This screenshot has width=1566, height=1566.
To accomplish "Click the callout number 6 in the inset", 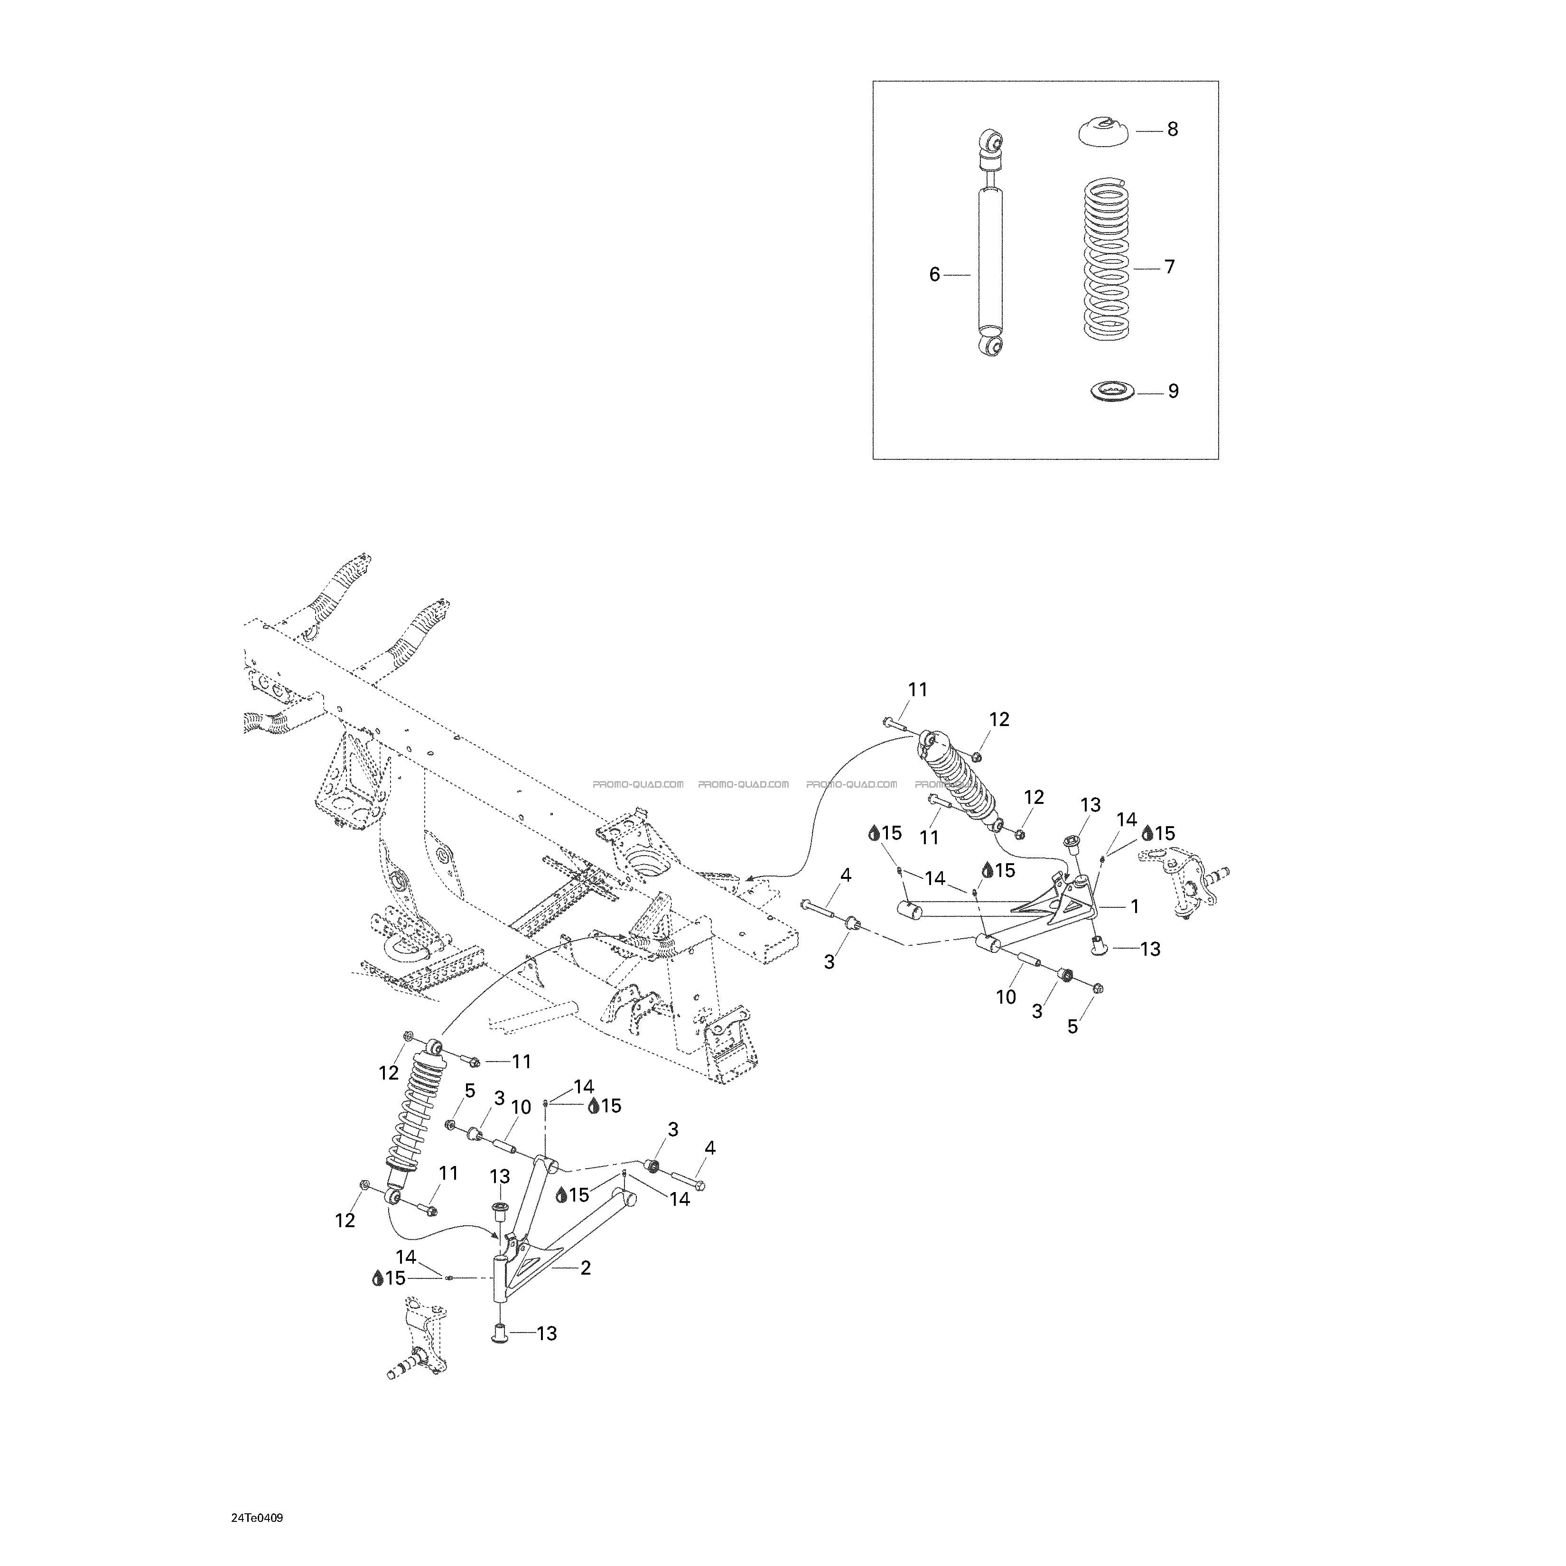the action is [x=934, y=275].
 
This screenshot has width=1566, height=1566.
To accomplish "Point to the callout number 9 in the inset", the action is [x=1173, y=391].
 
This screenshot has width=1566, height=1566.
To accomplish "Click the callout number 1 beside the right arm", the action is [x=1135, y=906].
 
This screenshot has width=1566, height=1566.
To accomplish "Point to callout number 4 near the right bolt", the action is [x=846, y=875].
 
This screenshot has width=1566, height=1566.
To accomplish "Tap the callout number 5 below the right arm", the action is [x=1072, y=1027].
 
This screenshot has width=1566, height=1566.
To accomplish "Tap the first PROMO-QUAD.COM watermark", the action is [x=638, y=784].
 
